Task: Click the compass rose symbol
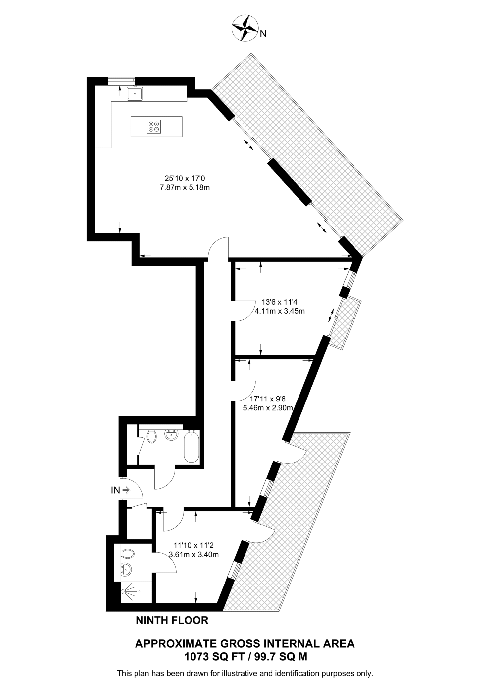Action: (x=245, y=28)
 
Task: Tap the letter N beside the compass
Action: (x=263, y=34)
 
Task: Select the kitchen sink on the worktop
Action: (x=135, y=93)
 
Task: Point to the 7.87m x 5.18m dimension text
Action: (x=185, y=188)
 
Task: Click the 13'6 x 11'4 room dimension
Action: (x=280, y=302)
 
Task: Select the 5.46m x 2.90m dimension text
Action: (x=268, y=408)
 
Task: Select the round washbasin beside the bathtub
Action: (x=172, y=435)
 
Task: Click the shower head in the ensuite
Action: (x=124, y=591)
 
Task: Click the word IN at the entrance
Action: (x=115, y=490)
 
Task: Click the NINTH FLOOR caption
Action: (x=172, y=620)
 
